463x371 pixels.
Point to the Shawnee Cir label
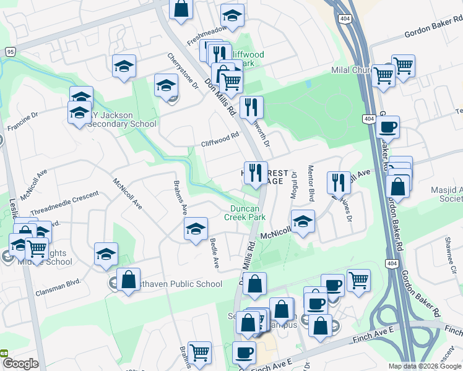coord(453,263)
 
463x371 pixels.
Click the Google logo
coord(20,364)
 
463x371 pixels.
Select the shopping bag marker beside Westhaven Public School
coord(128,279)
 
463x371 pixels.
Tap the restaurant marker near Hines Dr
coord(339,182)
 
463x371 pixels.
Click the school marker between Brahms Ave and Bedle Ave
coord(196,229)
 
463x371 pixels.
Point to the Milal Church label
coord(350,70)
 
